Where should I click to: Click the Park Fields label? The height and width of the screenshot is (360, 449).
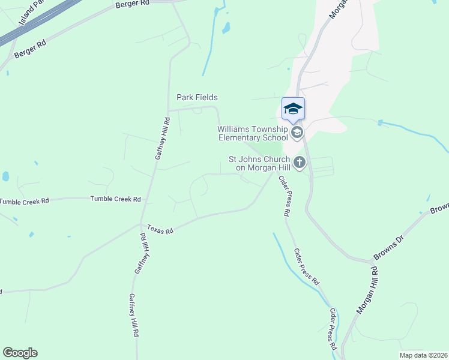pyautogui.click(x=197, y=97)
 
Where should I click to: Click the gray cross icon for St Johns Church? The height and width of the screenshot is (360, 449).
pyautogui.click(x=299, y=162)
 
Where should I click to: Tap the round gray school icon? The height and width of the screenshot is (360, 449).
pyautogui.click(x=296, y=132)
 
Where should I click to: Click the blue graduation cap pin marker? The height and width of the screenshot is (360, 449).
pyautogui.click(x=293, y=109)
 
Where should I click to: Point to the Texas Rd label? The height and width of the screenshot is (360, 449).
pyautogui.click(x=160, y=230)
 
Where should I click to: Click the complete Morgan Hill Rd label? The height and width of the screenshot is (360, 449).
pyautogui.click(x=367, y=290)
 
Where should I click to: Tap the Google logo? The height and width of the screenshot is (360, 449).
pyautogui.click(x=20, y=353)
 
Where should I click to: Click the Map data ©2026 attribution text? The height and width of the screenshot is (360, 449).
pyautogui.click(x=423, y=355)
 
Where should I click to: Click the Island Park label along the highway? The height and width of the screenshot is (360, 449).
pyautogui.click(x=28, y=14)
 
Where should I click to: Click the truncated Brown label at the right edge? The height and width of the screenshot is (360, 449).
pyautogui.click(x=439, y=208)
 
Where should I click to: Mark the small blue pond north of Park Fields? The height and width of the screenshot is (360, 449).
pyautogui.click(x=226, y=28)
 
